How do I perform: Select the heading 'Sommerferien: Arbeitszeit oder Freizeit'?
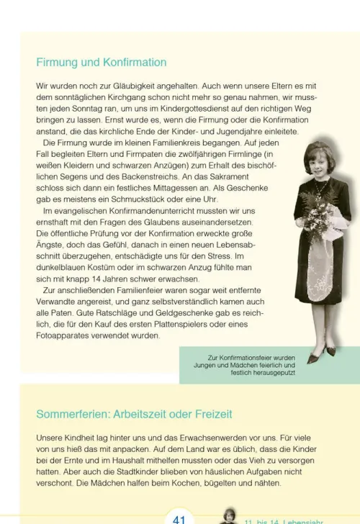(134, 415)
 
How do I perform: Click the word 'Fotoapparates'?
(63, 335)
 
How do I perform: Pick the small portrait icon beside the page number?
(228, 515)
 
